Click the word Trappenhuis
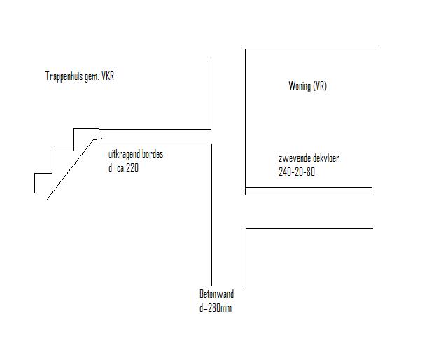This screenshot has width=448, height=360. click(64, 76)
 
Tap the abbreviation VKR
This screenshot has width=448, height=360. click(108, 76)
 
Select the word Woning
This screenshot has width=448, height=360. click(299, 85)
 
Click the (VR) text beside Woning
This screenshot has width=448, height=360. click(320, 85)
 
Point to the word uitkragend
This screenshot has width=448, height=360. click(125, 154)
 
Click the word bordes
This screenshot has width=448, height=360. click(153, 154)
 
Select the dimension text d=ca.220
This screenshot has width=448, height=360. click(123, 167)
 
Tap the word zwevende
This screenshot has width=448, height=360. click(293, 158)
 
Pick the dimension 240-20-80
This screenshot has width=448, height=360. click(297, 172)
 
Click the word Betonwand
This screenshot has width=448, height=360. click(216, 294)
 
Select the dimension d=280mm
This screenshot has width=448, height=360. click(216, 308)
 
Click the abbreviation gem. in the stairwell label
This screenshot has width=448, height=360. click(92, 77)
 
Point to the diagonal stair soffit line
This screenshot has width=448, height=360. click(70, 170)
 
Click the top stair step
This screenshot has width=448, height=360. click(86, 129)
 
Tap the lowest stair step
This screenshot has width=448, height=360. click(43, 173)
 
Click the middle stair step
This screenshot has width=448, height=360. click(63, 151)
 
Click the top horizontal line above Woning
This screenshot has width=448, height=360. click(311, 48)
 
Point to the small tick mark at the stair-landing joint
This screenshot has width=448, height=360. click(99, 139)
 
